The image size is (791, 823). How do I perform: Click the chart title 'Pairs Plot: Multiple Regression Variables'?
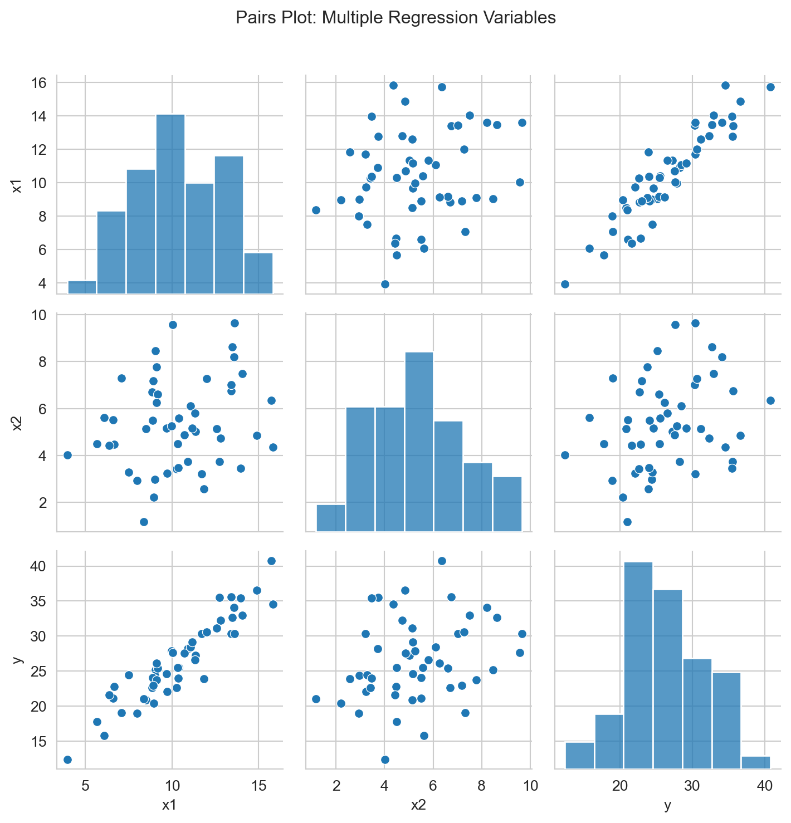coord(395,18)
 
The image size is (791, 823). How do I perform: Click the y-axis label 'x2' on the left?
coord(17,423)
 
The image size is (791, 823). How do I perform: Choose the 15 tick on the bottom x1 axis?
coord(258,785)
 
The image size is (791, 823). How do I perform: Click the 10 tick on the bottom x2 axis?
coord(530,785)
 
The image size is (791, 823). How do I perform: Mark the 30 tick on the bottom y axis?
coord(692,785)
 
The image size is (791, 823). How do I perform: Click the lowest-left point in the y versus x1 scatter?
coord(67,760)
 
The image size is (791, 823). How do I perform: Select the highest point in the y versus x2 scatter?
coord(442,561)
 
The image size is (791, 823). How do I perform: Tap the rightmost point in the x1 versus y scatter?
coord(770,87)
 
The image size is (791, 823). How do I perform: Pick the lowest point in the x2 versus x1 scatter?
coord(144,522)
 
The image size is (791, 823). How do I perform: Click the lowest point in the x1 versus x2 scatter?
coord(384,284)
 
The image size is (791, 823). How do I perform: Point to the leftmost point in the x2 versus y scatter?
coord(565,455)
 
